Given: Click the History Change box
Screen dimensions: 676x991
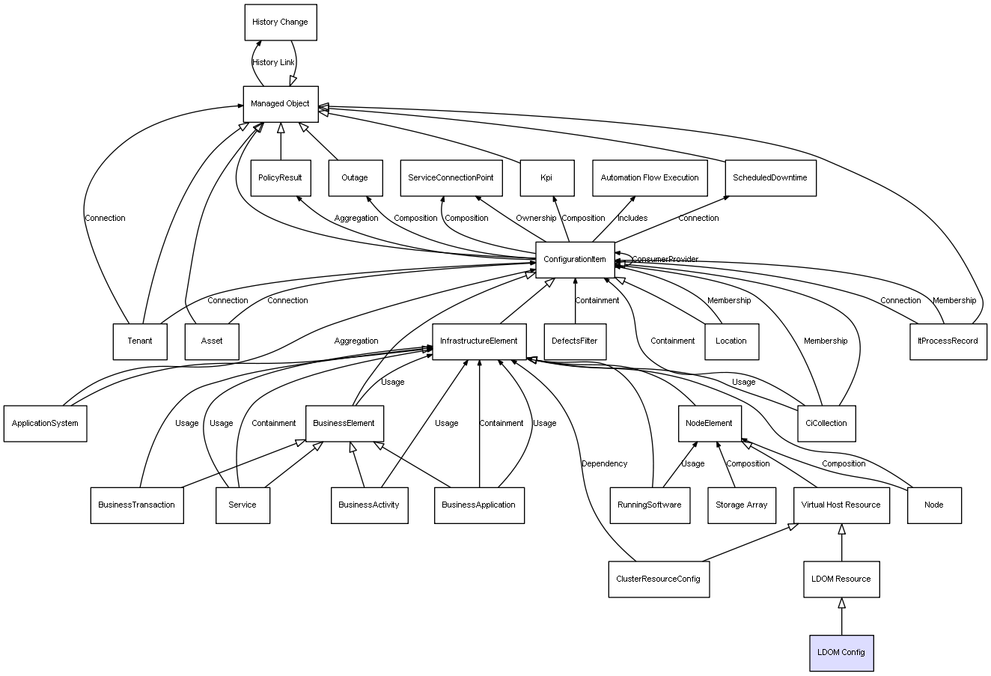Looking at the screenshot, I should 280,22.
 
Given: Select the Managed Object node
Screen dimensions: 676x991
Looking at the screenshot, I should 281,104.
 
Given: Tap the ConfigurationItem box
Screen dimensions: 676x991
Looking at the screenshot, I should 575,260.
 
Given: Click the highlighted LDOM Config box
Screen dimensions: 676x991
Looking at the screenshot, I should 841,652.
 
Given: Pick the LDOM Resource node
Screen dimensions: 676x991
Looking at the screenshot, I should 841,579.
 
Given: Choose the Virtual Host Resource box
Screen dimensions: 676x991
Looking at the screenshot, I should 841,505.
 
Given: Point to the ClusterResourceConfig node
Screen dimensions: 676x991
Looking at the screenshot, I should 659,579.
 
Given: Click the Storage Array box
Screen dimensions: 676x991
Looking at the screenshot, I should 741,505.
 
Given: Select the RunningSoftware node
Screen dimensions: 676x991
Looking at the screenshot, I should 650,505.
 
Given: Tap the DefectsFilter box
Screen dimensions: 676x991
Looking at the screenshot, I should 575,341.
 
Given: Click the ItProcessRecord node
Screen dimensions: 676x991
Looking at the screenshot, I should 948,341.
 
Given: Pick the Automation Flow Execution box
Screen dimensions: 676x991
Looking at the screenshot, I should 650,178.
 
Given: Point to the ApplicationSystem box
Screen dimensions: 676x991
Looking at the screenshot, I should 45,423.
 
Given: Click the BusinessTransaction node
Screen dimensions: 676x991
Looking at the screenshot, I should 136,505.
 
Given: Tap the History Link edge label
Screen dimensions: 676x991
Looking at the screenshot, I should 273,63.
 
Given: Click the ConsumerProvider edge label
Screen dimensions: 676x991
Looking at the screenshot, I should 665,259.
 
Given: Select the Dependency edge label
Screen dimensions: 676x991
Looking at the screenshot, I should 604,464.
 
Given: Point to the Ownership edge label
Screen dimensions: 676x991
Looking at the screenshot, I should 536,219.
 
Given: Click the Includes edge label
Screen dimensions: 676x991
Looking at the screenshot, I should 632,219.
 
